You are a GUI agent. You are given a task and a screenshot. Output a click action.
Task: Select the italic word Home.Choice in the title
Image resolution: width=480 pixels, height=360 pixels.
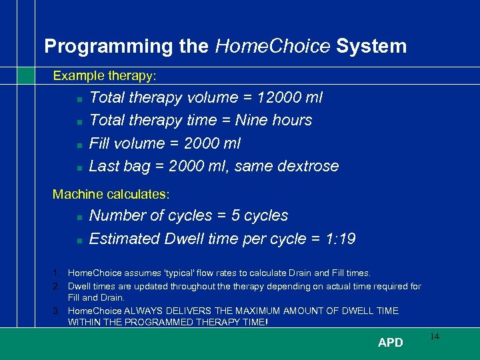pos(273,46)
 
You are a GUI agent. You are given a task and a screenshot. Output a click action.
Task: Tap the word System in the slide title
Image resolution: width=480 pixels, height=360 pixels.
pos(371,46)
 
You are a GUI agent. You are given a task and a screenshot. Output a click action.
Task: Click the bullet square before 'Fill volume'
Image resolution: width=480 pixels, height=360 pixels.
pos(79,145)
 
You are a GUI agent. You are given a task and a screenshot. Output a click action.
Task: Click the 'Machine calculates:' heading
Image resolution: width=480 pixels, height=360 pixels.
pos(111,195)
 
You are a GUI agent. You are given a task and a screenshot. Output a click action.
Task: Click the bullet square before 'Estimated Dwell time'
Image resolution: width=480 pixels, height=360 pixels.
pos(79,240)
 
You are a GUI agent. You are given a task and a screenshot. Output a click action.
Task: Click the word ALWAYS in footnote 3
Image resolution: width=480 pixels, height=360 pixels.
pos(158,311)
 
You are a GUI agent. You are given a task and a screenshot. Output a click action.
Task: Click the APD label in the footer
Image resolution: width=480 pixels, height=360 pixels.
pos(390,343)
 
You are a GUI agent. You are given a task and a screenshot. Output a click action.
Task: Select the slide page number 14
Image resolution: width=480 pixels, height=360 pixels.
pos(434,337)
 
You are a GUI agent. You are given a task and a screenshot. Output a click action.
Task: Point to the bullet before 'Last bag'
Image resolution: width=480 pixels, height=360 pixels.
pos(79,167)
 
